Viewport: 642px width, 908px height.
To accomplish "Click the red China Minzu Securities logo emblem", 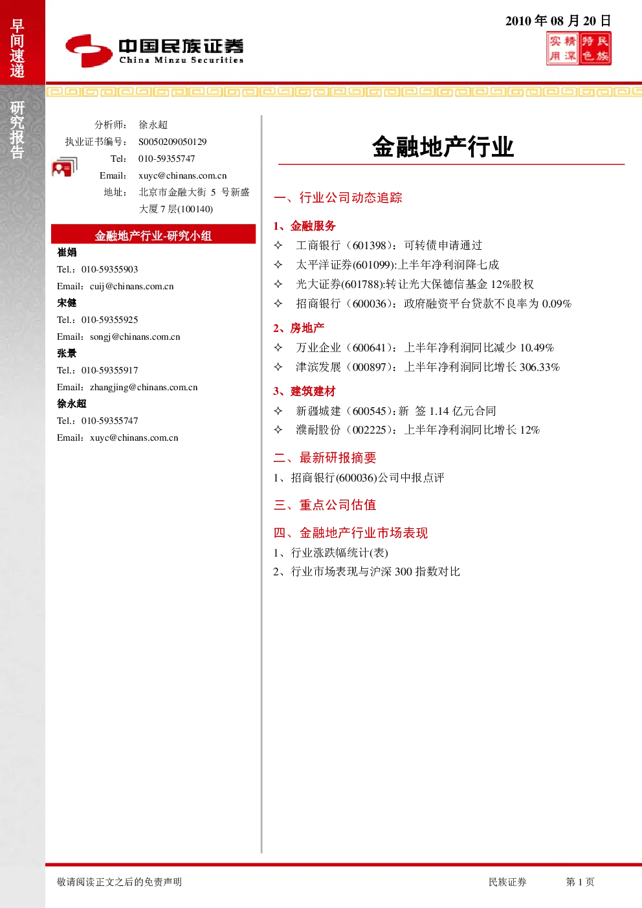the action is tap(89, 50).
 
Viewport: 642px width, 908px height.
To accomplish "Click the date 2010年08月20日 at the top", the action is tap(558, 21).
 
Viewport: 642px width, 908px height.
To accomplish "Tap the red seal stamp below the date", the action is tap(579, 49).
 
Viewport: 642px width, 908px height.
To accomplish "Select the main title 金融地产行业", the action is tap(443, 146).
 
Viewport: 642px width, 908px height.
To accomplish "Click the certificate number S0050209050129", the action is tap(173, 142).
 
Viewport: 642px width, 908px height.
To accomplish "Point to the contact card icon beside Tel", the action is tap(65, 166).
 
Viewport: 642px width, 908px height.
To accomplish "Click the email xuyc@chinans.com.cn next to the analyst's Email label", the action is tap(183, 175).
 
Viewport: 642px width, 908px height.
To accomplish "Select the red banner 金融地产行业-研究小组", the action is tap(153, 234).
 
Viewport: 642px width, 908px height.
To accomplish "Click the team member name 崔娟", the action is tap(67, 252).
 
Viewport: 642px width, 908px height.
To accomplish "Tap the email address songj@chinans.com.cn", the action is tap(135, 337).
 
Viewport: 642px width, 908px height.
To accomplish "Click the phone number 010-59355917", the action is tap(110, 370).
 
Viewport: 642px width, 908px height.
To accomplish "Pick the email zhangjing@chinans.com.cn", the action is tap(144, 388).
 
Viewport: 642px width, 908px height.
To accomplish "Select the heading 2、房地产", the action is tap(299, 327).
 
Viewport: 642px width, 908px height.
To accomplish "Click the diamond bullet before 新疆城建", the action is tap(278, 410).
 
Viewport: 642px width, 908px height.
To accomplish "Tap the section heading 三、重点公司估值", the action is tap(325, 505).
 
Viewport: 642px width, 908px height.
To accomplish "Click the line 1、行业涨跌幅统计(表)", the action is tap(331, 553).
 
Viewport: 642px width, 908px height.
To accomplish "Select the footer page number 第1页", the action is tap(580, 881).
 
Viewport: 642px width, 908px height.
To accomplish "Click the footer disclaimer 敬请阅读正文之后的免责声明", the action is tap(119, 881).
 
